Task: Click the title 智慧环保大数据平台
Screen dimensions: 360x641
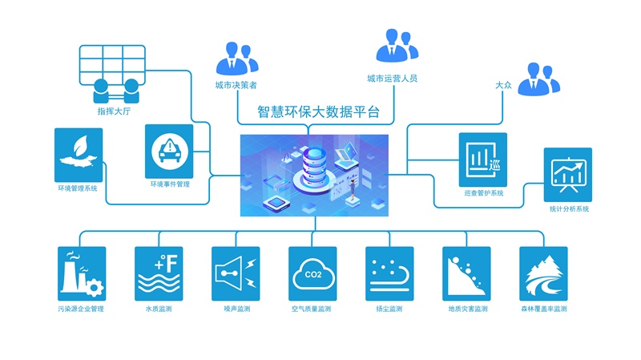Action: [x=319, y=112]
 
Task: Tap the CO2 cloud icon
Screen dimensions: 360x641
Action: [x=313, y=273]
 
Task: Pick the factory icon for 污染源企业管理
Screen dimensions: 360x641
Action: [x=83, y=273]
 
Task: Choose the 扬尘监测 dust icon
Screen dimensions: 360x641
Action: [x=390, y=273]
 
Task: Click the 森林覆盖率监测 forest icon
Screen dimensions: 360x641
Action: [x=544, y=273]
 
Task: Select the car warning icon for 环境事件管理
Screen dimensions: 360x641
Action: [x=170, y=150]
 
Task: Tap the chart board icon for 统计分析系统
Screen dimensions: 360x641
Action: [x=568, y=172]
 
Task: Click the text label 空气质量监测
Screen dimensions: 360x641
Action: [x=312, y=309]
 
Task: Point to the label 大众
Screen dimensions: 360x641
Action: [x=503, y=84]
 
